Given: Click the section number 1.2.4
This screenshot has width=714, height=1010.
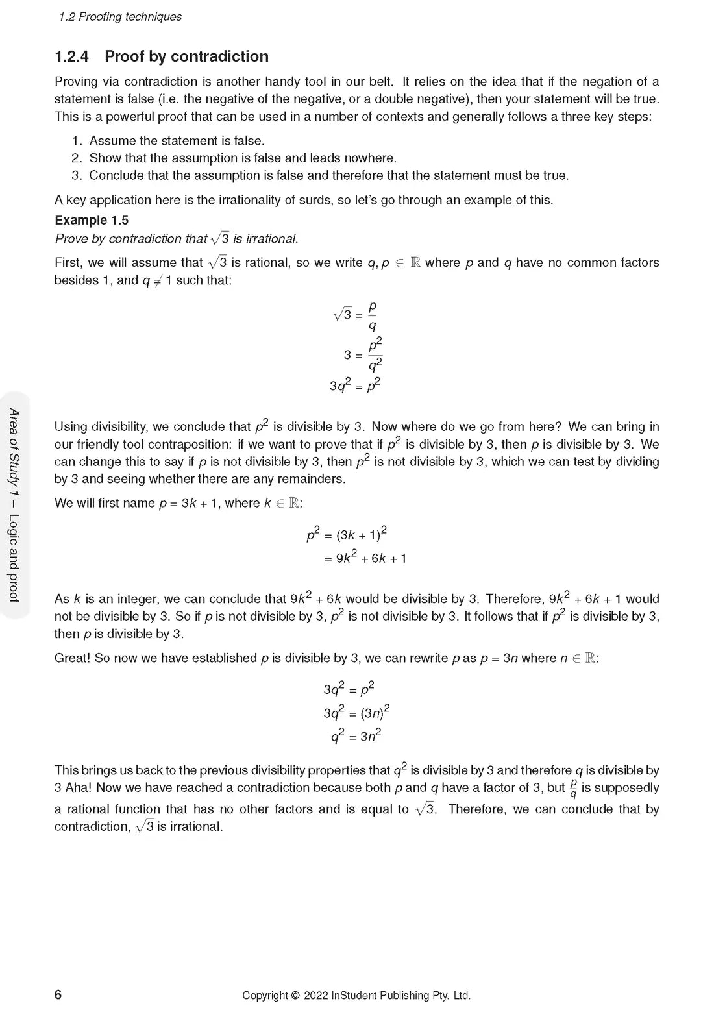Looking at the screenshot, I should (71, 56).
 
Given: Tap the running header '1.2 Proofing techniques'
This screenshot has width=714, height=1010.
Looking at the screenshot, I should (120, 17).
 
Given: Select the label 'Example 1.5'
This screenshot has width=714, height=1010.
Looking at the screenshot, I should (92, 220).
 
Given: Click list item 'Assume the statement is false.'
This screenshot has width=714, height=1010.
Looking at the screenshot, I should (177, 141).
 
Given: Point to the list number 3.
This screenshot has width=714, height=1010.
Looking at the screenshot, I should (77, 175).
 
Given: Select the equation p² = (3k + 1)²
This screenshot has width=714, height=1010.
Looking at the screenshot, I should (347, 534).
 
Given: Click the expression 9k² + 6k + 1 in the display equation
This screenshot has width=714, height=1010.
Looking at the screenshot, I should (371, 558).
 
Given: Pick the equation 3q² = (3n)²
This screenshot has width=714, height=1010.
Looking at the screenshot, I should (356, 712).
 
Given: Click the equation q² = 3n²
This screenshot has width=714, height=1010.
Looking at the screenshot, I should (356, 736).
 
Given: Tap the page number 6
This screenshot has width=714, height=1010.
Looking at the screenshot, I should (58, 994).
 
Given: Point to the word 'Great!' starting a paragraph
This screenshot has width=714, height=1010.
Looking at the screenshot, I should (73, 658).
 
